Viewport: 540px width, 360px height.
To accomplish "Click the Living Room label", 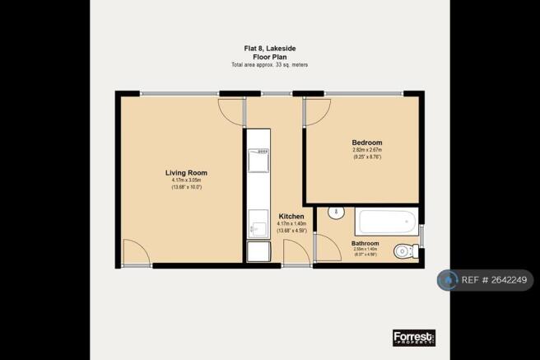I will pyautogui.click(x=186, y=173).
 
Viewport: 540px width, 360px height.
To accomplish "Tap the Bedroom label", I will pyautogui.click(x=366, y=143).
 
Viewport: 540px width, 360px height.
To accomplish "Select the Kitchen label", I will pyautogui.click(x=291, y=216).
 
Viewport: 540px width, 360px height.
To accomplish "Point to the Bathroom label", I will pyautogui.click(x=365, y=244).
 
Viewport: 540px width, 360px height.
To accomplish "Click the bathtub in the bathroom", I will pyautogui.click(x=386, y=222).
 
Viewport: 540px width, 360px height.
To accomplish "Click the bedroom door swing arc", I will pyautogui.click(x=318, y=114).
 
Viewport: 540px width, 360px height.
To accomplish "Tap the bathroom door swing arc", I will pyautogui.click(x=327, y=248).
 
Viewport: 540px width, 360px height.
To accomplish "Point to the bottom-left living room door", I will pyautogui.click(x=136, y=252).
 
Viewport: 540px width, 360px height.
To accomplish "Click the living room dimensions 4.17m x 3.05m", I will pyautogui.click(x=186, y=180).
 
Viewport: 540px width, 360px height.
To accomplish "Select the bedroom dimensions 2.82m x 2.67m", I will pyautogui.click(x=366, y=151).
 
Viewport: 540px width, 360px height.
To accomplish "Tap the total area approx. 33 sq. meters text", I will pyautogui.click(x=269, y=64).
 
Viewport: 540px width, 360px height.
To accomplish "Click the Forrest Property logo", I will pyautogui.click(x=413, y=337).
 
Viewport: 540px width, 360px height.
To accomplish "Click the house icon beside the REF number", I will pyautogui.click(x=448, y=281).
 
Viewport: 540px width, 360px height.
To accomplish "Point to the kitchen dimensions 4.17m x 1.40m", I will pyautogui.click(x=291, y=223).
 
